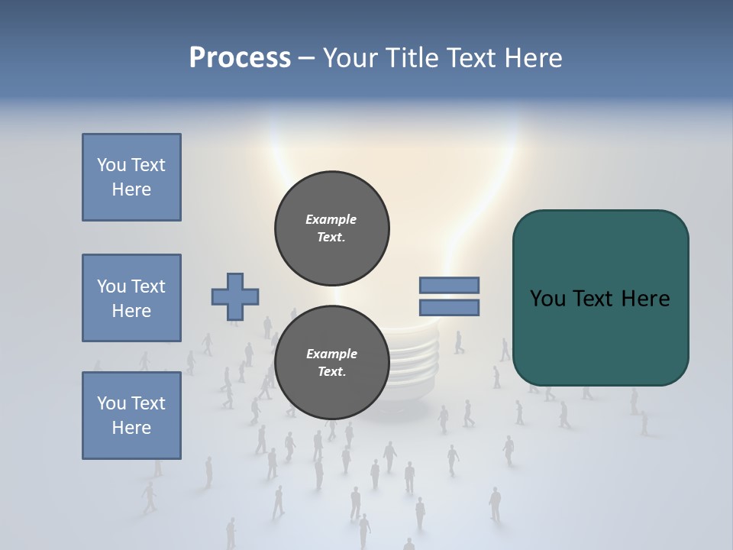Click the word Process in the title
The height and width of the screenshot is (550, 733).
(240, 58)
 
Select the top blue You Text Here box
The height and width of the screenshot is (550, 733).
(131, 177)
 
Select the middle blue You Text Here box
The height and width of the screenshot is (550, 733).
(131, 298)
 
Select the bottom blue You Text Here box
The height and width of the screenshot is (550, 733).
(131, 415)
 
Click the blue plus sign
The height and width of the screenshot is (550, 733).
(235, 296)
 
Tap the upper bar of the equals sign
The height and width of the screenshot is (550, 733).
(449, 285)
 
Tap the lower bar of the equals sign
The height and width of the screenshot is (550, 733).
(449, 308)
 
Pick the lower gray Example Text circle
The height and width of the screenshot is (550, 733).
(331, 363)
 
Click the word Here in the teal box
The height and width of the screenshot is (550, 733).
(645, 299)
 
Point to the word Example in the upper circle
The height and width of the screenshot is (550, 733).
(331, 219)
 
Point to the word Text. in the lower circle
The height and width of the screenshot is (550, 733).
(331, 372)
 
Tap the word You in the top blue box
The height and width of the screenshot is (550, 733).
(111, 165)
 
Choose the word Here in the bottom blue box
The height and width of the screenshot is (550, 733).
(131, 428)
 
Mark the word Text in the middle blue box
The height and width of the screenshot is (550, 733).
(148, 286)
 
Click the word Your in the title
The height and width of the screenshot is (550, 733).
(351, 58)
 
